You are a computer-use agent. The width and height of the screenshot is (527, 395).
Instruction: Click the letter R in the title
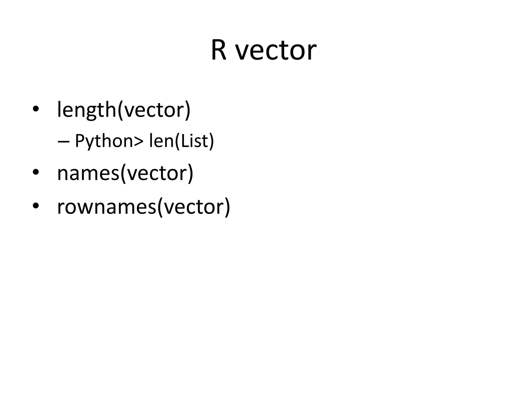tap(219, 50)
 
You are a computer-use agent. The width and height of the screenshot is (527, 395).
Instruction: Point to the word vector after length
tap(154, 110)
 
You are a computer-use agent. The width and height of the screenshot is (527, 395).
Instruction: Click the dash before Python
tap(64, 141)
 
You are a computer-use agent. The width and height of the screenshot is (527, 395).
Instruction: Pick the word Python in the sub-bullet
tap(104, 141)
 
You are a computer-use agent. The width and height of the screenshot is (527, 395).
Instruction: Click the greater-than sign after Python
tap(138, 141)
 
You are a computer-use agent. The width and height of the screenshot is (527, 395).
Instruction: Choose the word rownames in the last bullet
tap(107, 207)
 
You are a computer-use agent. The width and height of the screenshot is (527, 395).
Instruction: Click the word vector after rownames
tap(194, 207)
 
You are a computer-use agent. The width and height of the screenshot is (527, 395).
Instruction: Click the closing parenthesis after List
tap(211, 141)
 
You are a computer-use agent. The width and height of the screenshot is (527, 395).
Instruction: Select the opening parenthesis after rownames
tap(160, 207)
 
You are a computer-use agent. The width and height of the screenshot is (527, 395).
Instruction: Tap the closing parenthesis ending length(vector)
tap(188, 110)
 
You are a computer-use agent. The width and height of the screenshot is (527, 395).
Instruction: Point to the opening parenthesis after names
tap(123, 174)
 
